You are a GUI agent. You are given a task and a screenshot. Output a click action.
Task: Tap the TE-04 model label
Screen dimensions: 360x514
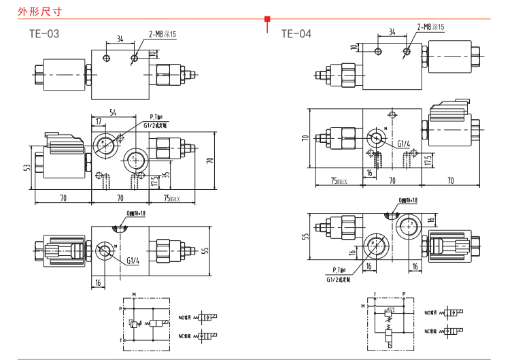click(296, 33)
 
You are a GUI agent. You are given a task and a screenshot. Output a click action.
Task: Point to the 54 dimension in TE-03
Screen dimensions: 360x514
click(112, 112)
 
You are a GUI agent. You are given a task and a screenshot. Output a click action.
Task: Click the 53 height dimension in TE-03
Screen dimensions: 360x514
click(27, 167)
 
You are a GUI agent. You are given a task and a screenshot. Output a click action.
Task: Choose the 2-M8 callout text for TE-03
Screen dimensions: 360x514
click(162, 33)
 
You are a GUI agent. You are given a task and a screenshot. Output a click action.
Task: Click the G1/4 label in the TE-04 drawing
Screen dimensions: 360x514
click(404, 144)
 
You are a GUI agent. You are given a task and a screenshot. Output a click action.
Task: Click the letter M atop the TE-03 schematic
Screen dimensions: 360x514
click(134, 294)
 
